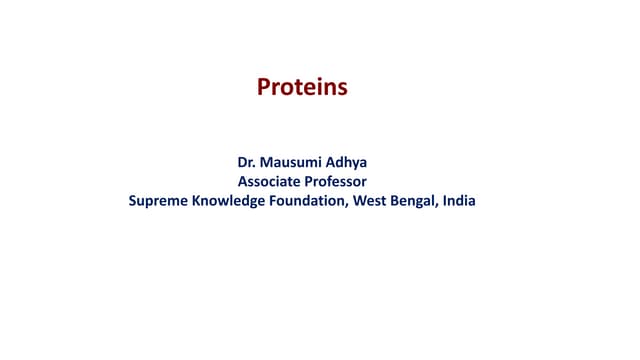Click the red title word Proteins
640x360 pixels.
(x=302, y=88)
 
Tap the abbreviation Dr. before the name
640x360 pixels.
(x=246, y=161)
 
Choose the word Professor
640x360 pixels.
(x=335, y=181)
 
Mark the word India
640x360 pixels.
(x=460, y=201)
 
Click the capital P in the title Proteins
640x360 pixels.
(x=264, y=88)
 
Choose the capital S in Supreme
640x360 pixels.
(x=133, y=201)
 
